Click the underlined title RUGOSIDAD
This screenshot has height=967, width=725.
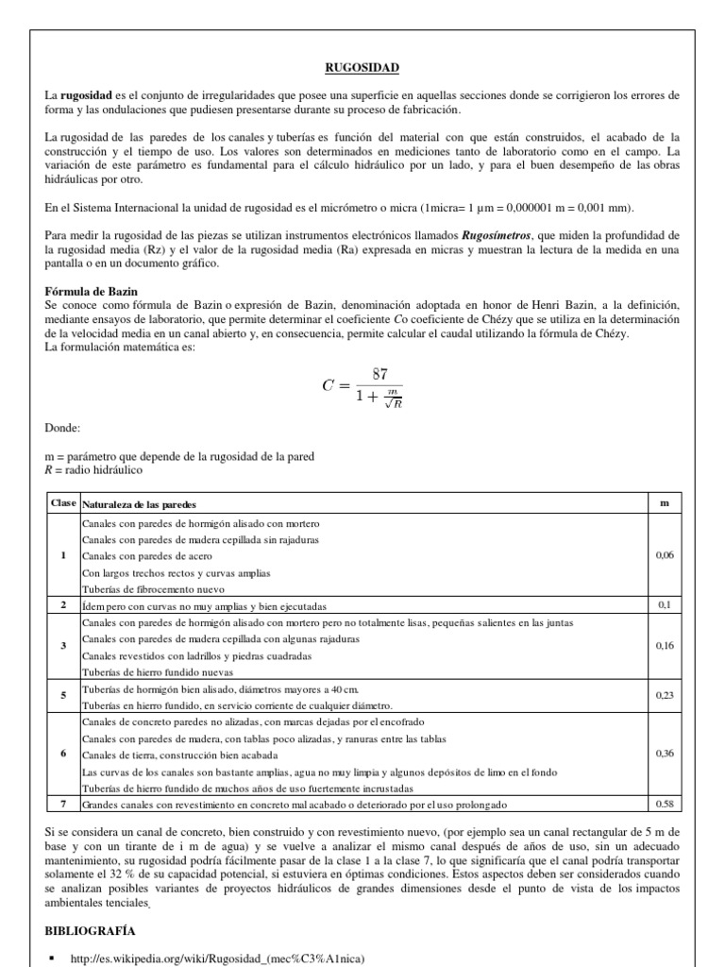click(x=362, y=67)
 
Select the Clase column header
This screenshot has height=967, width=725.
click(x=62, y=504)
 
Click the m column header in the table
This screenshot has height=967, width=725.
click(x=665, y=504)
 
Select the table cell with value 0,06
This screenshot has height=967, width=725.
click(x=665, y=555)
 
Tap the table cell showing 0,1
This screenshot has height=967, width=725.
click(x=665, y=604)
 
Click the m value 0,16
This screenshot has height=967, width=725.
click(x=665, y=646)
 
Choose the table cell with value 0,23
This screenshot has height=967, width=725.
click(x=665, y=695)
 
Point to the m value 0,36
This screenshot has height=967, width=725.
click(x=665, y=754)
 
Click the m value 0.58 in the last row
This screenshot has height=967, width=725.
click(x=665, y=804)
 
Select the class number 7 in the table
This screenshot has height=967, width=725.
click(x=63, y=804)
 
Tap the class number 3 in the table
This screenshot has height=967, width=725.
click(x=63, y=646)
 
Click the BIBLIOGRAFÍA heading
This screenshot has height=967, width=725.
click(x=95, y=930)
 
